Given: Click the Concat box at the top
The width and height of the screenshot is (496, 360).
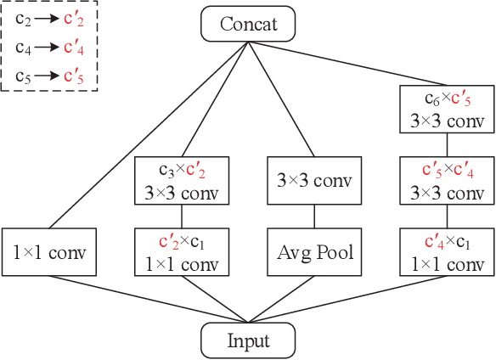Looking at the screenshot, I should coord(248,24).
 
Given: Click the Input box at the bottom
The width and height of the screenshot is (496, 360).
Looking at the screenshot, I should coord(248,340).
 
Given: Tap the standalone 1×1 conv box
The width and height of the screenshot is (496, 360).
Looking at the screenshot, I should coord(49,251).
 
